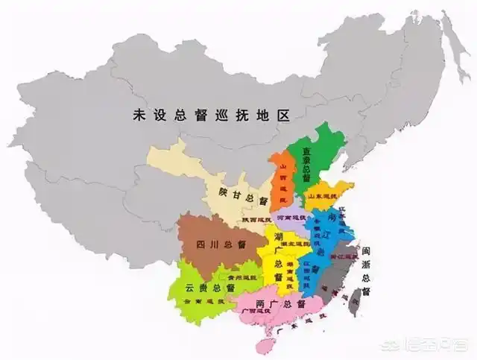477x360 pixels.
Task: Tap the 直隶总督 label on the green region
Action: click(306, 165)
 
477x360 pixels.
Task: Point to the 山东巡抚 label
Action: click(324, 196)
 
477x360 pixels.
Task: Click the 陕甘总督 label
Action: click(244, 196)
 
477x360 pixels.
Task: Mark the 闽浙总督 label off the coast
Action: click(366, 269)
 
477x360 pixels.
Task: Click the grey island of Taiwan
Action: click(355, 299)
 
